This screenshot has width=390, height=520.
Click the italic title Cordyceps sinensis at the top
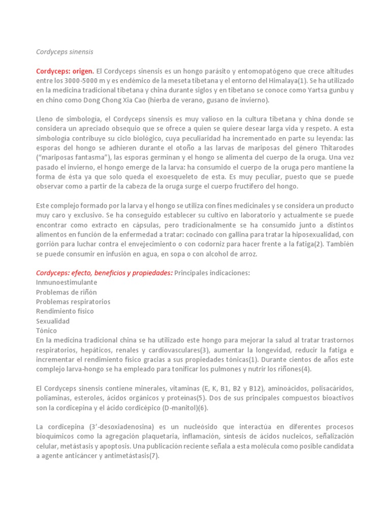tap(64, 52)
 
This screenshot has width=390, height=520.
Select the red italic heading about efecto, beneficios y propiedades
tap(104, 273)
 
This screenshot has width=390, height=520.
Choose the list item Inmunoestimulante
tap(66, 282)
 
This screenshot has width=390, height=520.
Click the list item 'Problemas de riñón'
tap(66, 292)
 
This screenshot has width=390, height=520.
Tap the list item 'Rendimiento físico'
tap(64, 311)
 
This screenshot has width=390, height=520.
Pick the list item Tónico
tap(47, 331)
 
